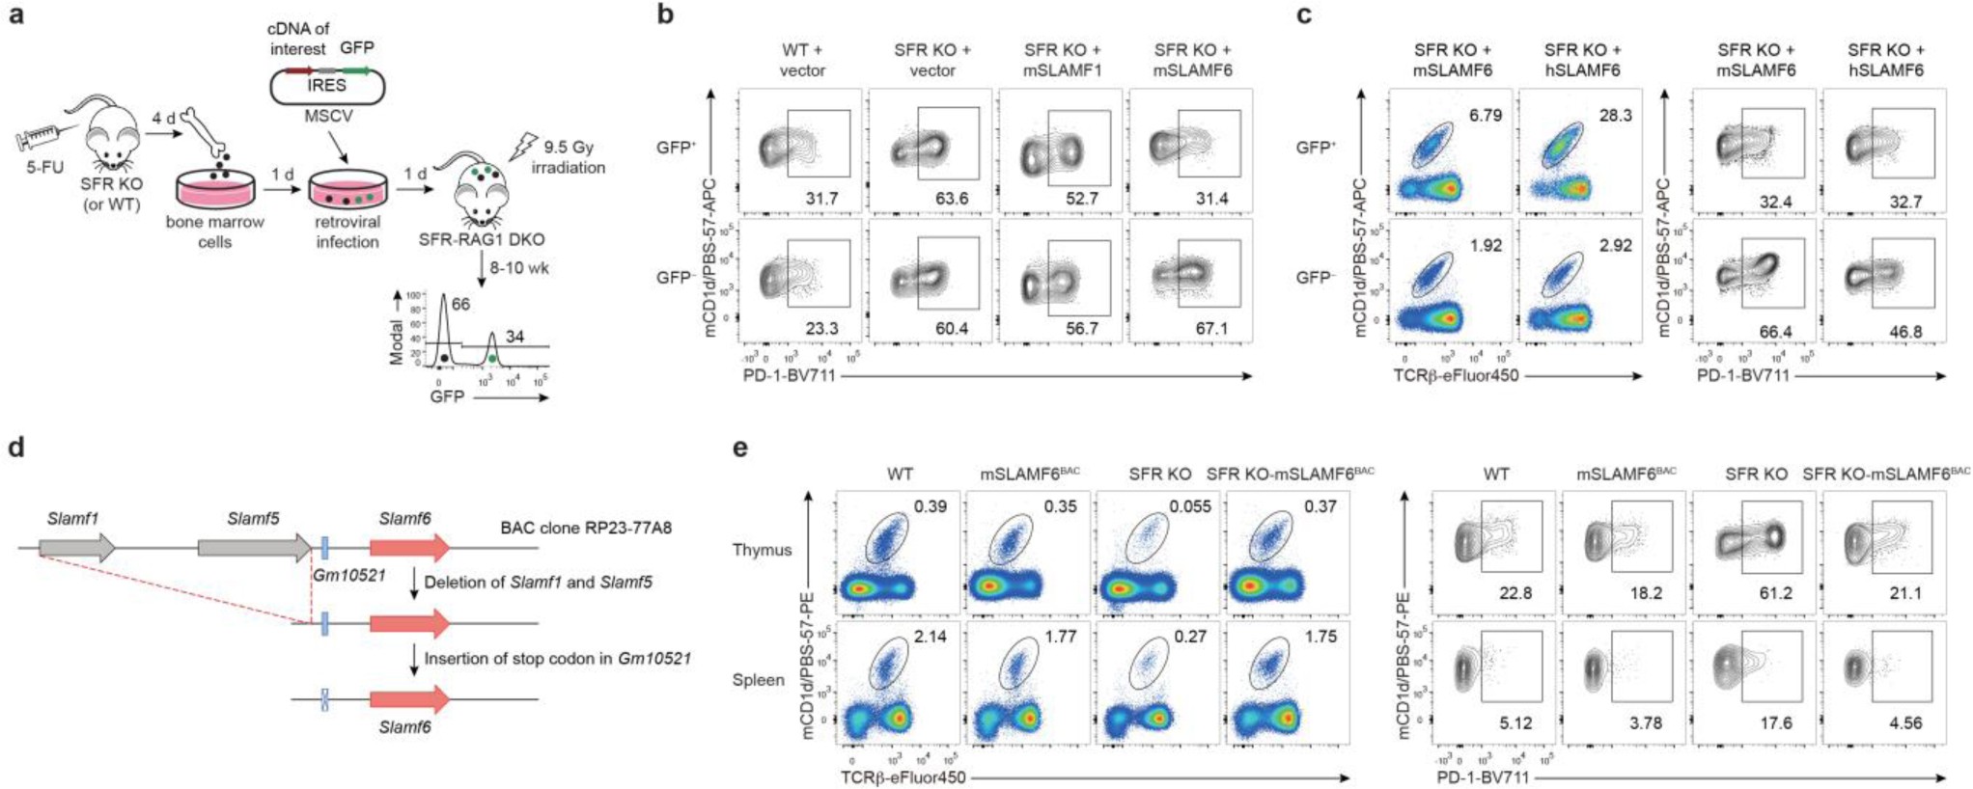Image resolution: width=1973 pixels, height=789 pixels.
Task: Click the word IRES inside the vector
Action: click(326, 86)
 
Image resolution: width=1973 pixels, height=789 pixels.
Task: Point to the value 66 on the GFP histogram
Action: click(460, 305)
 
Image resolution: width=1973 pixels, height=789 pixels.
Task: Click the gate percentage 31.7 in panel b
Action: click(821, 199)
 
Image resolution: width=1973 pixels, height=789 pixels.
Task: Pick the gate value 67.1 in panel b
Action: click(1211, 329)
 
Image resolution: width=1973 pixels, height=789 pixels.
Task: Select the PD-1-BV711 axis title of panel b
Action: click(789, 375)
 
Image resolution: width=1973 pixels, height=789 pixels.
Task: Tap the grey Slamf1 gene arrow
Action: click(77, 549)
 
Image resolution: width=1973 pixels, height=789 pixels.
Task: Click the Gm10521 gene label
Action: click(348, 576)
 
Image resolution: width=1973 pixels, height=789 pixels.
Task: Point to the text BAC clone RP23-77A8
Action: click(586, 528)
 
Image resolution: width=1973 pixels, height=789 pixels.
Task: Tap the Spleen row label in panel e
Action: click(759, 680)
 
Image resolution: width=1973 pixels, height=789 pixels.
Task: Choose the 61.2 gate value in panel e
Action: click(1776, 593)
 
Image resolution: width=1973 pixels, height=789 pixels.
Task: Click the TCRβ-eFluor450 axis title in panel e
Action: click(903, 777)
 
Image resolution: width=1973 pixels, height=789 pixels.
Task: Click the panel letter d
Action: click(15, 449)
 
